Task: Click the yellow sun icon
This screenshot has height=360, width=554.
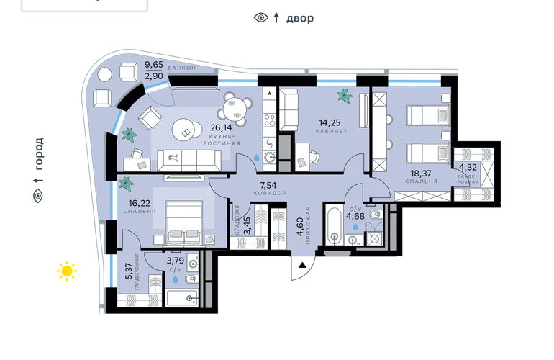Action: (x=67, y=271)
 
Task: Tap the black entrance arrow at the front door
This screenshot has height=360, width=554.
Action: (x=302, y=265)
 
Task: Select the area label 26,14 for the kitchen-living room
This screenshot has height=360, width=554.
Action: (x=221, y=127)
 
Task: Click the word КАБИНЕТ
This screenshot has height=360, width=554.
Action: (x=332, y=131)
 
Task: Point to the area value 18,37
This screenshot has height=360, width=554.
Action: (x=421, y=174)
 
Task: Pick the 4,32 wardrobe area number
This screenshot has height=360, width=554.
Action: (x=468, y=167)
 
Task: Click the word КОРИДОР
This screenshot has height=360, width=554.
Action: (x=270, y=194)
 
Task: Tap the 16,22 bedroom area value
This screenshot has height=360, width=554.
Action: (x=139, y=203)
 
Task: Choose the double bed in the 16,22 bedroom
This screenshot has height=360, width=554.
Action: (x=183, y=222)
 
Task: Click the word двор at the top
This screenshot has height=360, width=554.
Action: (x=300, y=18)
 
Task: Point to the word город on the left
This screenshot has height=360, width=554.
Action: (x=39, y=153)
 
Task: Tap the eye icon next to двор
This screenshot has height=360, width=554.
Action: (x=261, y=17)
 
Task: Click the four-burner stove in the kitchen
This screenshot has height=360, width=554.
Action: (x=270, y=120)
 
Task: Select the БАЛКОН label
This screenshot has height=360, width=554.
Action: (x=182, y=68)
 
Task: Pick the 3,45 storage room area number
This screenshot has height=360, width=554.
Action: (x=248, y=225)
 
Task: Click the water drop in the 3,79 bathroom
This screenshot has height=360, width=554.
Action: (x=176, y=279)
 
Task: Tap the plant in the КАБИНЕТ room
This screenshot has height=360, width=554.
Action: (x=345, y=96)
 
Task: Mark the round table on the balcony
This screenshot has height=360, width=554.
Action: (x=104, y=75)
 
